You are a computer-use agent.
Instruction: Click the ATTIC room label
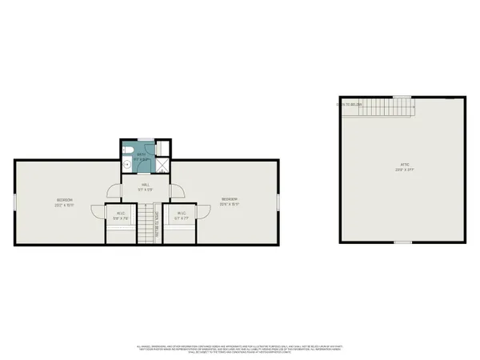(x=405, y=166)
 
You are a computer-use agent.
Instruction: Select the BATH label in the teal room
(x=142, y=154)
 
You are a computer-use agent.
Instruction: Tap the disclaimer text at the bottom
(x=240, y=347)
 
